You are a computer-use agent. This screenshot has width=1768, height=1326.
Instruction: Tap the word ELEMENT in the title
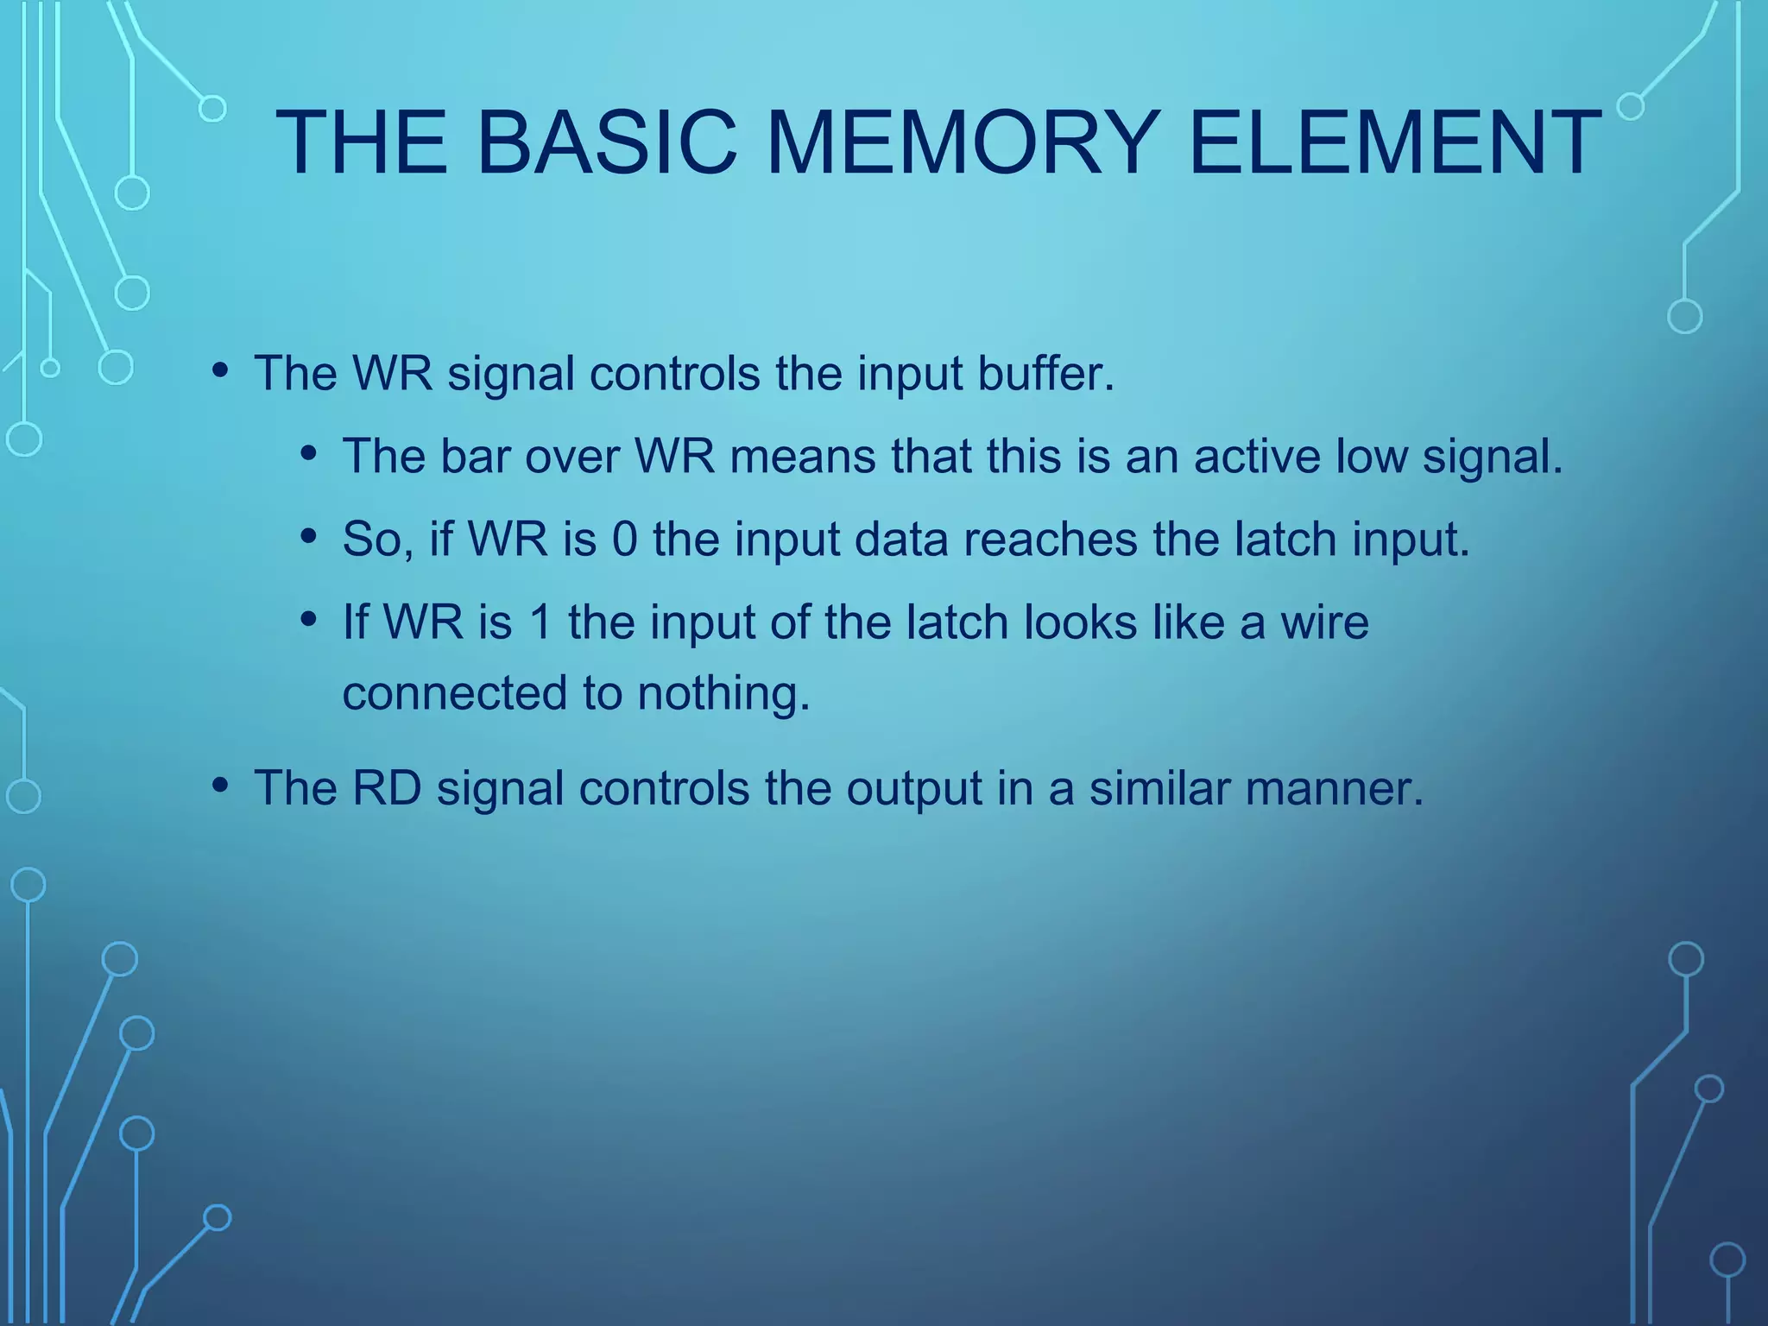pyautogui.click(x=1394, y=142)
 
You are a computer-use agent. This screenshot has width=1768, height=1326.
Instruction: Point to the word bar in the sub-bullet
pyautogui.click(x=474, y=456)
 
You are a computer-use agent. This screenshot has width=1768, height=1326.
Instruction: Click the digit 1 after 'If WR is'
pyautogui.click(x=541, y=622)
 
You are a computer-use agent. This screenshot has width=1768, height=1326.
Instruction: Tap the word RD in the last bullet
pyautogui.click(x=387, y=788)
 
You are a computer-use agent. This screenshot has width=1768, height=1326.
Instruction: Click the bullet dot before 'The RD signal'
pyautogui.click(x=220, y=786)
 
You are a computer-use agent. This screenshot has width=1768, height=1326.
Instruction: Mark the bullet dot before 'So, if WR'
pyautogui.click(x=309, y=536)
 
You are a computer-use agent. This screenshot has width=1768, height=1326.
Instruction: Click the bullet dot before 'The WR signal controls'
pyautogui.click(x=220, y=371)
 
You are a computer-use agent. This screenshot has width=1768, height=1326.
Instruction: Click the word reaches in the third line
pyautogui.click(x=1051, y=539)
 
